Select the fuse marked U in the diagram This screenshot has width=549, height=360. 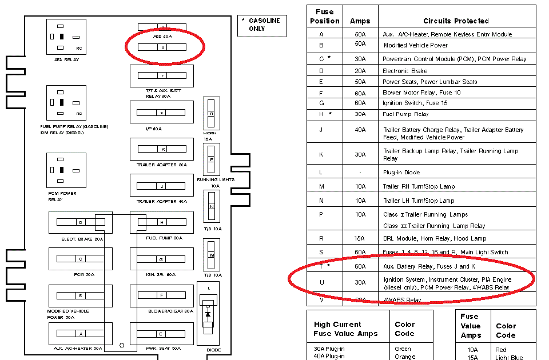coord(163,47)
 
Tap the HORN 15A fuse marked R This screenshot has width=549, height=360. coord(211,114)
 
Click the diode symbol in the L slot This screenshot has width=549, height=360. coord(208,314)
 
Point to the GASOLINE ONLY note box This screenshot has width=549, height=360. coord(261,25)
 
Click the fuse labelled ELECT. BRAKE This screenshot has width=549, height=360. coord(81,222)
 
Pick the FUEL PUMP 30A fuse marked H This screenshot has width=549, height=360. coord(162,222)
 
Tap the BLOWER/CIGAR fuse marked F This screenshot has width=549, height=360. coord(162,295)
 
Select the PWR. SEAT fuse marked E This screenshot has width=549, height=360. coord(162,334)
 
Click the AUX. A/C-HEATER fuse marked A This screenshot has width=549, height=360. coord(81,334)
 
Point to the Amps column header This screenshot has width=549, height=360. coord(360,21)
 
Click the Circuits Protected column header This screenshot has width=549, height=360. coord(456,21)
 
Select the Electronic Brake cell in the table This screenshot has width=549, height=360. coord(404,71)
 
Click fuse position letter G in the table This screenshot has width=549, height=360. coord(321,103)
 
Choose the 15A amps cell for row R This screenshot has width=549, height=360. coord(360,238)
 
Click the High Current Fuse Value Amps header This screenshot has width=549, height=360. coord(337,329)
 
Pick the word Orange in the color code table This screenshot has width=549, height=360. coord(405,357)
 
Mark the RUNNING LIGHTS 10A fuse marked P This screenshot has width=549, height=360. coord(211,160)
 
